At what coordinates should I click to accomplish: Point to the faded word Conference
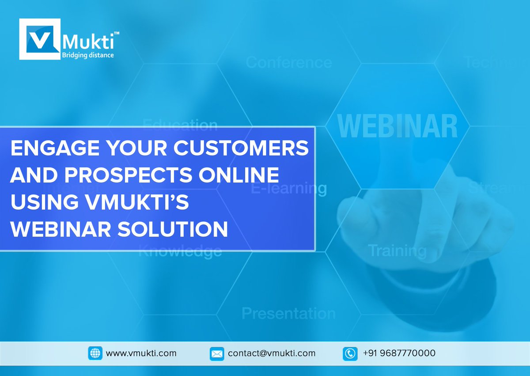click(x=288, y=62)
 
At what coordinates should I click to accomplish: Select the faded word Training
click(x=397, y=251)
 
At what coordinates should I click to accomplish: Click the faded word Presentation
click(x=288, y=314)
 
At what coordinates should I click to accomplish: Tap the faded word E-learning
click(x=289, y=189)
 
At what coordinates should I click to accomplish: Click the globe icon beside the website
click(x=95, y=353)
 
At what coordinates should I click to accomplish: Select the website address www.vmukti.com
click(x=141, y=353)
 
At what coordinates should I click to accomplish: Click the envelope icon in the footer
click(x=217, y=353)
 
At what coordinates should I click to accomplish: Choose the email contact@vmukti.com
click(x=272, y=353)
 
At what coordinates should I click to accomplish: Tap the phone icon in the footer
click(x=350, y=353)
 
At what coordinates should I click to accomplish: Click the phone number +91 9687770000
click(x=399, y=353)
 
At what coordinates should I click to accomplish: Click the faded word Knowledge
click(x=180, y=251)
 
